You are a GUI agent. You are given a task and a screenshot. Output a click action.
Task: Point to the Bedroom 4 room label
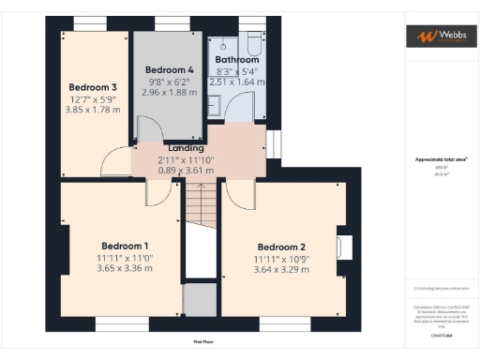pos(169,70)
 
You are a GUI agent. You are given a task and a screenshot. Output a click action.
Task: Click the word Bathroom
pos(237,58)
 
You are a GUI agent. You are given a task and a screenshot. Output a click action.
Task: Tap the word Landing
pos(186,147)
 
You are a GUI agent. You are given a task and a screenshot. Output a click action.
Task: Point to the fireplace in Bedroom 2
pos(344,247)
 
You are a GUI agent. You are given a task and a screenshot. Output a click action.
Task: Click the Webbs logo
pos(438,36)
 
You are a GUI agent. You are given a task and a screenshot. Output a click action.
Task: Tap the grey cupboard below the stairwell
pos(198,300)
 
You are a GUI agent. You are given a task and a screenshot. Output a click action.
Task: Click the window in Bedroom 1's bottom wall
pos(113,324)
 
